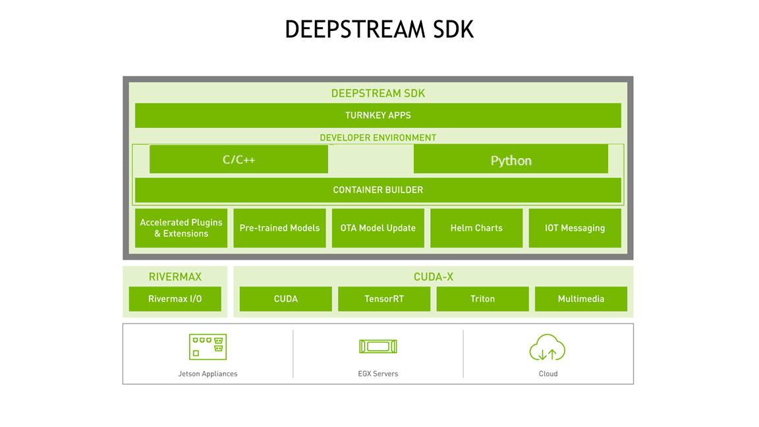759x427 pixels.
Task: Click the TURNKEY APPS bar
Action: (378, 115)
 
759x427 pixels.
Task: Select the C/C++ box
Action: (239, 159)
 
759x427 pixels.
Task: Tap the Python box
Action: (511, 159)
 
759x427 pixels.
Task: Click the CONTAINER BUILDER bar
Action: (378, 190)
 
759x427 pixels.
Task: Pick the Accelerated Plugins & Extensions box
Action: (181, 228)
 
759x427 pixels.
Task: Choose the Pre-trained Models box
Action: (279, 228)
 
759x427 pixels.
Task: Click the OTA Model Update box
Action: (378, 228)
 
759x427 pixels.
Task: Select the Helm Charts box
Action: (476, 228)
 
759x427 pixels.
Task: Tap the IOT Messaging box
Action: (575, 228)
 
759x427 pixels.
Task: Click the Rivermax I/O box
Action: (175, 299)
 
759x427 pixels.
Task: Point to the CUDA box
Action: (285, 299)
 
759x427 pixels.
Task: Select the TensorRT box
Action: (384, 299)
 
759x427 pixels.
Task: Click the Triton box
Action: (482, 299)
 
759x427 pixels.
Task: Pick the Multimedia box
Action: (580, 299)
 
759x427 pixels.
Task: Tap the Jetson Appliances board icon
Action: (208, 347)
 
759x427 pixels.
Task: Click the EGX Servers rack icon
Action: (378, 347)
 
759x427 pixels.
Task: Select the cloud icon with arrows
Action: (548, 347)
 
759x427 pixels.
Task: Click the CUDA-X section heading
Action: (433, 277)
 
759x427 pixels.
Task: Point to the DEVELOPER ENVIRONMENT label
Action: (378, 138)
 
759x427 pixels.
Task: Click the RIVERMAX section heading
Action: (175, 277)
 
